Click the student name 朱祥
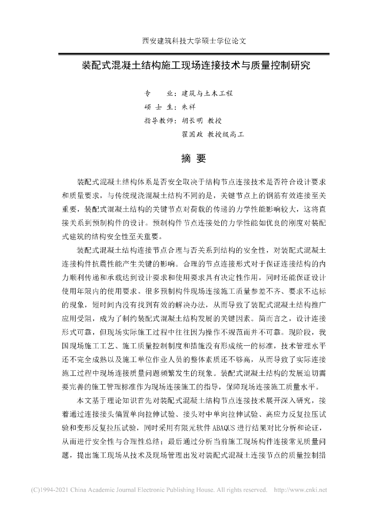tap(189, 107)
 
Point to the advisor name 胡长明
tap(192, 121)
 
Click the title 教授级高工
tap(225, 135)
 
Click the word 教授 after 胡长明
tap(213, 121)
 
